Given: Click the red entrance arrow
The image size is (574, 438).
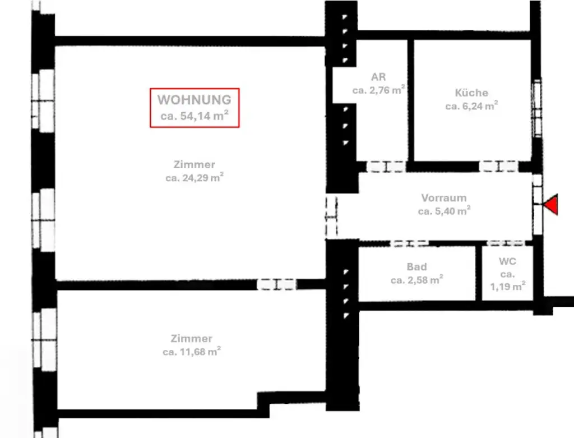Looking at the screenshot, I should (552, 204).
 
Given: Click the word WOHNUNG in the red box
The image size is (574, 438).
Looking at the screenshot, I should (194, 100).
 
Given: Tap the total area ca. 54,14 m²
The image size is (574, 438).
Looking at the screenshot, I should (194, 117).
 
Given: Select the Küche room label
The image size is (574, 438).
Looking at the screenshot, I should (471, 93).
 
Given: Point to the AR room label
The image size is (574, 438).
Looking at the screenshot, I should (378, 77).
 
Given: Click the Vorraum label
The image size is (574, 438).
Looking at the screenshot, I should (444, 198).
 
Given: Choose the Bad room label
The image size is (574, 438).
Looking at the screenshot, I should (416, 267).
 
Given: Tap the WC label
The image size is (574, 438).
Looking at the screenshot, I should (507, 262).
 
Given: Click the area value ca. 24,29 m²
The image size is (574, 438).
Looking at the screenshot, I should (194, 178).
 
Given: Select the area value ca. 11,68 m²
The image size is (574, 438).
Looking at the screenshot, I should (192, 352).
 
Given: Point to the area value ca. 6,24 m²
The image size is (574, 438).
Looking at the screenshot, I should (471, 105).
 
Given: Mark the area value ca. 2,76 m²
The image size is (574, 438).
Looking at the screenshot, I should (378, 90).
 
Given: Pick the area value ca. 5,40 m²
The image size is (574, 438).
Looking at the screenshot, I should (444, 211).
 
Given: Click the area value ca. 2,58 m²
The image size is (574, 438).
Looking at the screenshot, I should (416, 279).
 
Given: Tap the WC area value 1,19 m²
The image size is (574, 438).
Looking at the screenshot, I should (508, 287).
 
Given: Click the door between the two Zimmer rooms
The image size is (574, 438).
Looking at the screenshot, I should (276, 284).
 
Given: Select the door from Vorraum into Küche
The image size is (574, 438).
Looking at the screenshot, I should (498, 167).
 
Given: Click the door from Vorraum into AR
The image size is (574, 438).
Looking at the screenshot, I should (386, 167).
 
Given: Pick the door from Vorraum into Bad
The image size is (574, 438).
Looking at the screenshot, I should (409, 243).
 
